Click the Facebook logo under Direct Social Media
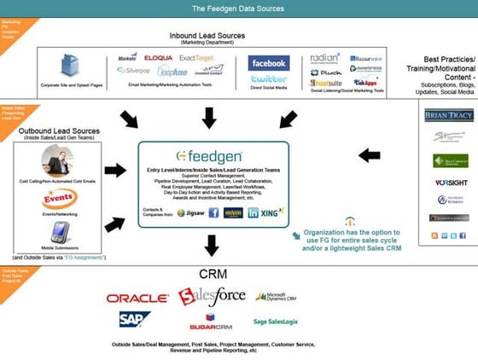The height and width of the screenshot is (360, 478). pyautogui.click(x=268, y=64)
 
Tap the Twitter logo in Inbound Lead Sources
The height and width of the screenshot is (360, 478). pyautogui.click(x=268, y=79)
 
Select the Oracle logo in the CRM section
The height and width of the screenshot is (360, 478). pyautogui.click(x=137, y=298)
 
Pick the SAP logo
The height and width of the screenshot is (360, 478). pyautogui.click(x=135, y=319)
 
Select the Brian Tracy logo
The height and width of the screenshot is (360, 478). pyautogui.click(x=449, y=115)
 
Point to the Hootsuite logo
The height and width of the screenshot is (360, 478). pyautogui.click(x=327, y=84)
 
